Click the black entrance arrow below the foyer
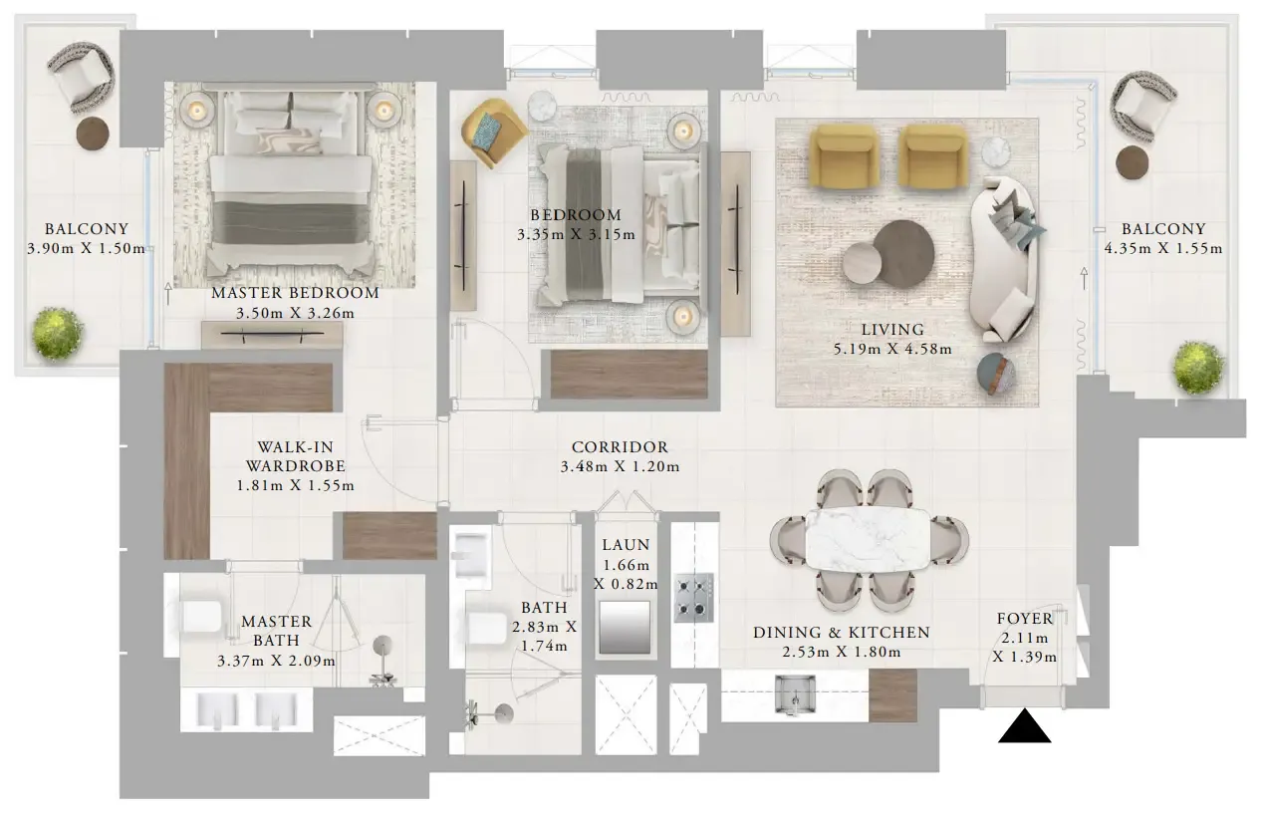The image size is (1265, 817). [x=1024, y=726]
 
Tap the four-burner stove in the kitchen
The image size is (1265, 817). [x=694, y=597]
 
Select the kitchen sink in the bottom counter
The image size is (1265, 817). [x=795, y=694]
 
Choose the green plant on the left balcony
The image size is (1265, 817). [x=57, y=334]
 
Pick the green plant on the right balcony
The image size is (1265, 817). [x=1198, y=368]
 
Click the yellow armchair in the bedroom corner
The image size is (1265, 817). [x=492, y=132]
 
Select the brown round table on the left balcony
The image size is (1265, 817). [x=93, y=134]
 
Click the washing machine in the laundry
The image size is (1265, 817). [x=626, y=627]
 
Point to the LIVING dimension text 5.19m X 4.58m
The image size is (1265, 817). [x=892, y=349]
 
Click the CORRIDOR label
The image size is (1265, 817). [x=620, y=447]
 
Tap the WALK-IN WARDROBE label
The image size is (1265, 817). [x=296, y=456]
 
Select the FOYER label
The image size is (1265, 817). [x=1025, y=619]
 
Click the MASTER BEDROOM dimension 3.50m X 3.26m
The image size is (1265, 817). [x=295, y=313]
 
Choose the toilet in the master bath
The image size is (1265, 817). [x=196, y=617]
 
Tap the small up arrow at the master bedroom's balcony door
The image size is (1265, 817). [x=167, y=294]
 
